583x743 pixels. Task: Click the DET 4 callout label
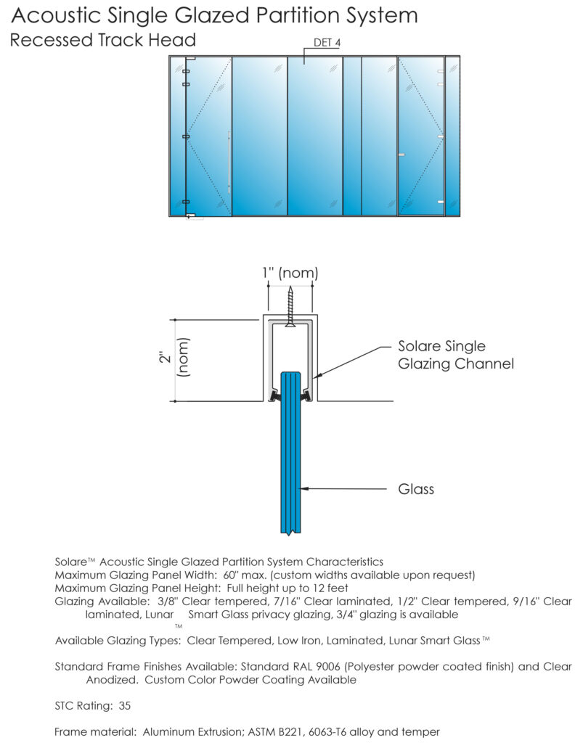click(x=327, y=43)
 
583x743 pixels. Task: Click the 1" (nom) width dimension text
click(x=290, y=274)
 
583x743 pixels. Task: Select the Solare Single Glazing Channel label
click(x=455, y=355)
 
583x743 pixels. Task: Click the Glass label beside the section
click(x=416, y=489)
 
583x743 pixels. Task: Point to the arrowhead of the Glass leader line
click(x=304, y=489)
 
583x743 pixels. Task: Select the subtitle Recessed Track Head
click(x=102, y=40)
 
